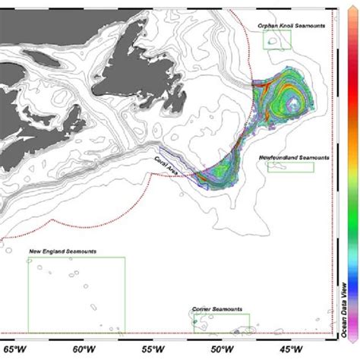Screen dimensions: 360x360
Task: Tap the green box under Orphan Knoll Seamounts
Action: point(276,41)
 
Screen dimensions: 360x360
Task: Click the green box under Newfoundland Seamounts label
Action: point(291,166)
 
